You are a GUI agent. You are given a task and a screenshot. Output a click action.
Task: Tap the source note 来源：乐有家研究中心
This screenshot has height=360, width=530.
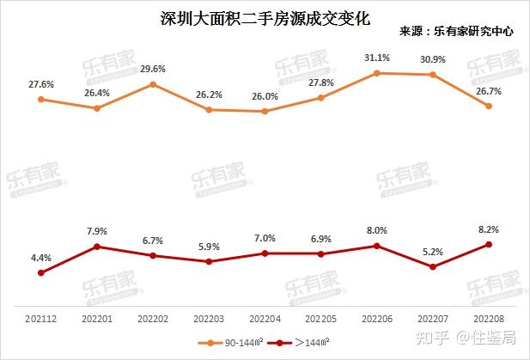pyautogui.click(x=456, y=31)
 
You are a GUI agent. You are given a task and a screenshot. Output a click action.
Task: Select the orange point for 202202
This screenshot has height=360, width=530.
pyautogui.click(x=153, y=84)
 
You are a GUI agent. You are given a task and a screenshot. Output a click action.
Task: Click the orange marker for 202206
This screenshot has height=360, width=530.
pyautogui.click(x=376, y=73)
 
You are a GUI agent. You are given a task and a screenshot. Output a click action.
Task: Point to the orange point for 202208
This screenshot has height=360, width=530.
pyautogui.click(x=489, y=107)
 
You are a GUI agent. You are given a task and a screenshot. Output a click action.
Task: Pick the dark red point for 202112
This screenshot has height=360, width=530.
pyautogui.click(x=40, y=273)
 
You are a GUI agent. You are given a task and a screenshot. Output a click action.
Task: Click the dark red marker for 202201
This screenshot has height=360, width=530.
pyautogui.click(x=97, y=247)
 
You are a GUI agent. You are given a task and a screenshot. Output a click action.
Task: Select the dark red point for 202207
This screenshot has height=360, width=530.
pyautogui.click(x=432, y=267)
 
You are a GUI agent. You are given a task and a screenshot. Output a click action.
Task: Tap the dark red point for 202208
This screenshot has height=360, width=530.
pyautogui.click(x=489, y=244)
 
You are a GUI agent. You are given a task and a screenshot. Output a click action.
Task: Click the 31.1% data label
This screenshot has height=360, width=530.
pyautogui.click(x=377, y=58)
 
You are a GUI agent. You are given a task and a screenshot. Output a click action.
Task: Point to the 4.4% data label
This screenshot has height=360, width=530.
pyautogui.click(x=40, y=257)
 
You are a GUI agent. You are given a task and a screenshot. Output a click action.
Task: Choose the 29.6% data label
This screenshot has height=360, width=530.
pyautogui.click(x=153, y=69)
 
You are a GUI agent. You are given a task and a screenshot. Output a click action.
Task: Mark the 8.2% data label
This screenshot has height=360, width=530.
pyautogui.click(x=488, y=229)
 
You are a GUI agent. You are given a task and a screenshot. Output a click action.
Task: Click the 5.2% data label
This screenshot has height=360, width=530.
pyautogui.click(x=432, y=252)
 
